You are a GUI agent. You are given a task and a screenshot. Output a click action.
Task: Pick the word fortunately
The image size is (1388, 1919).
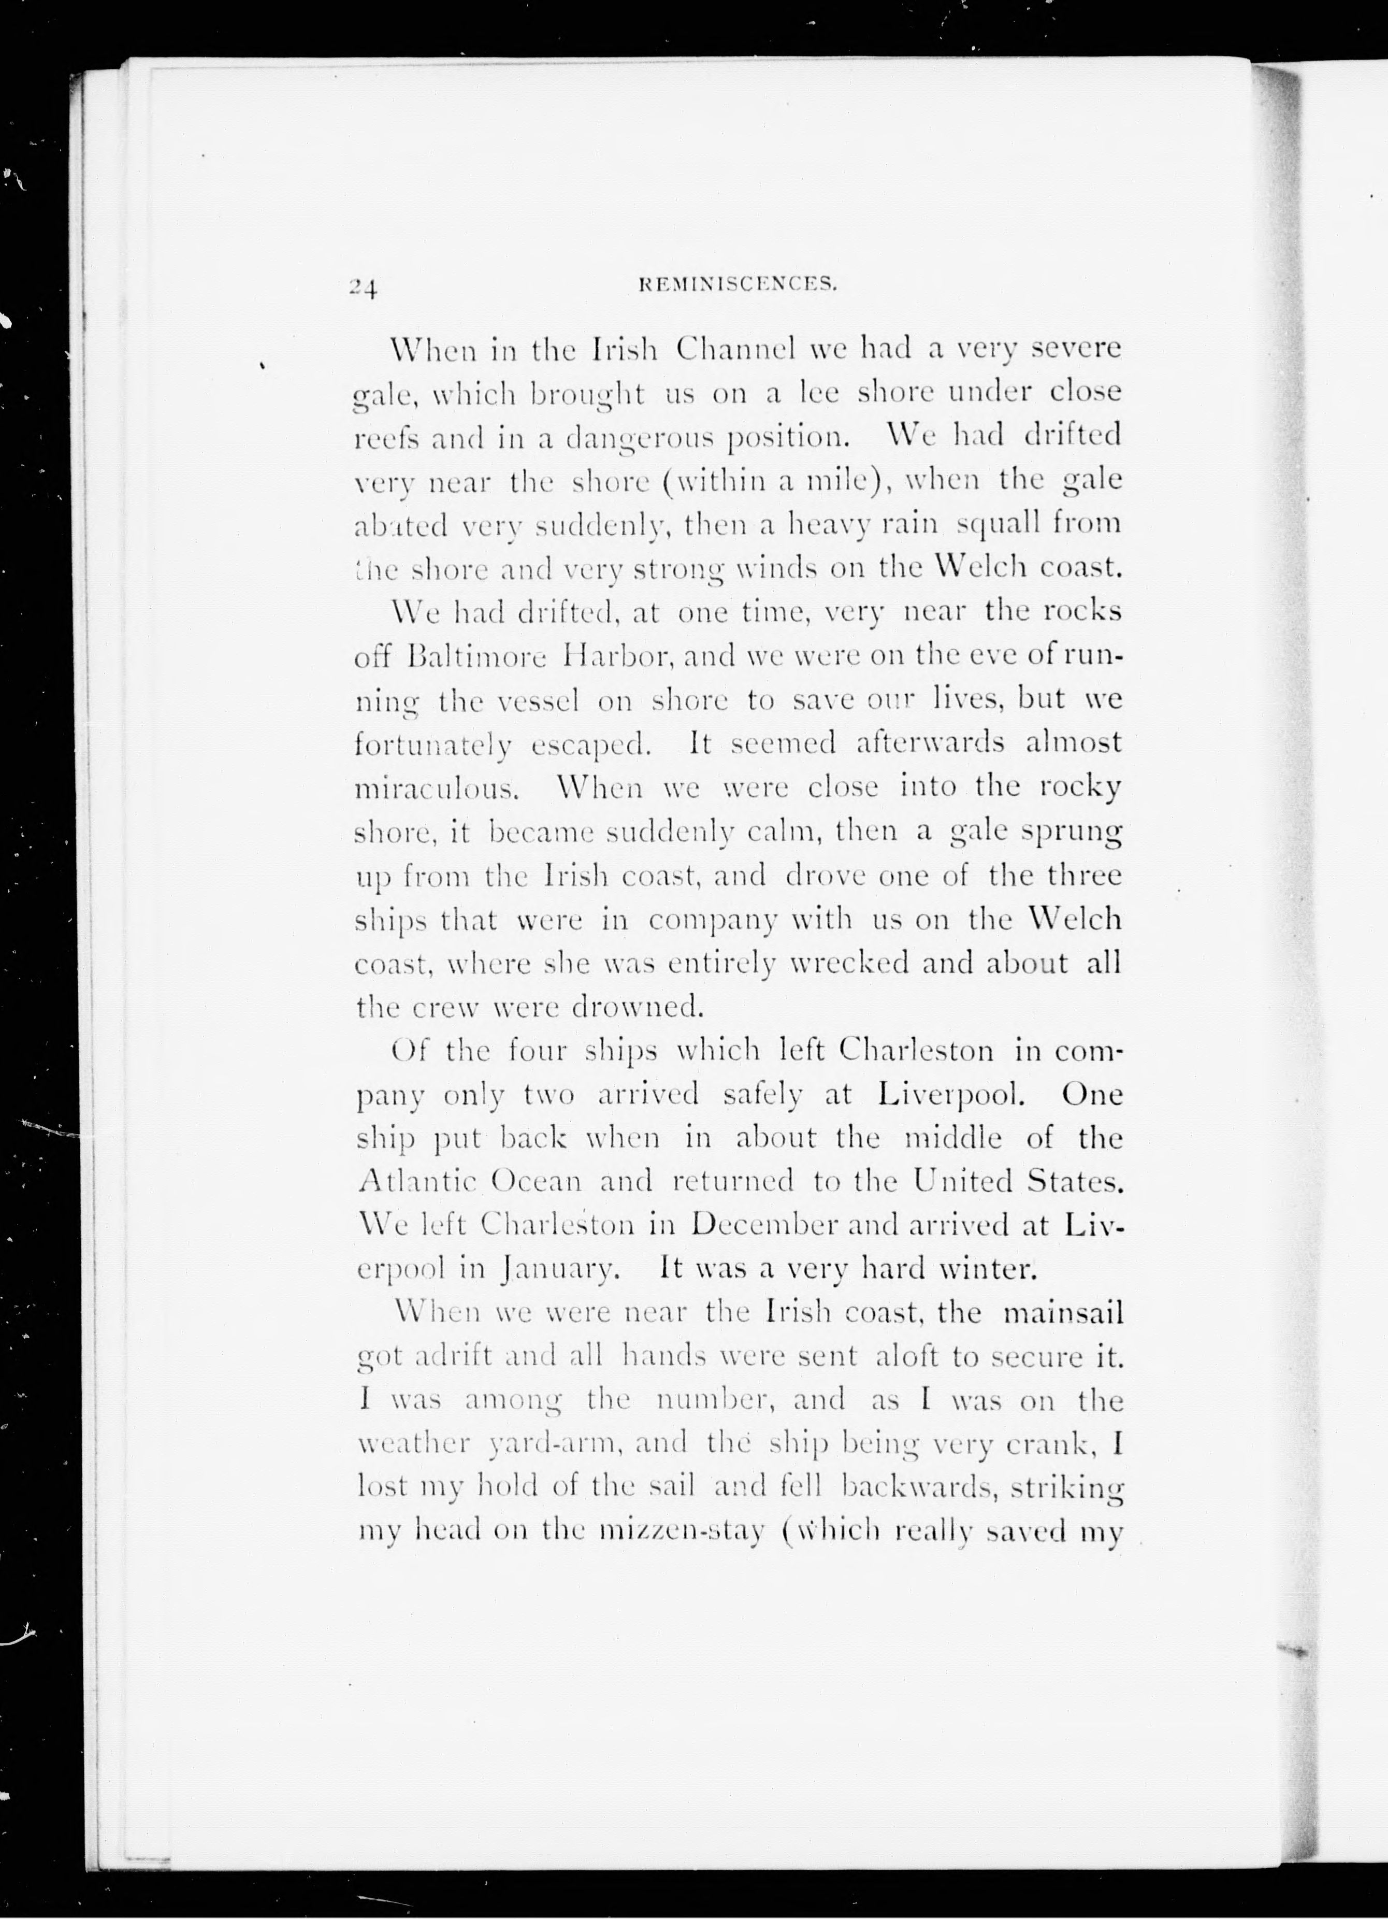click(x=433, y=744)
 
